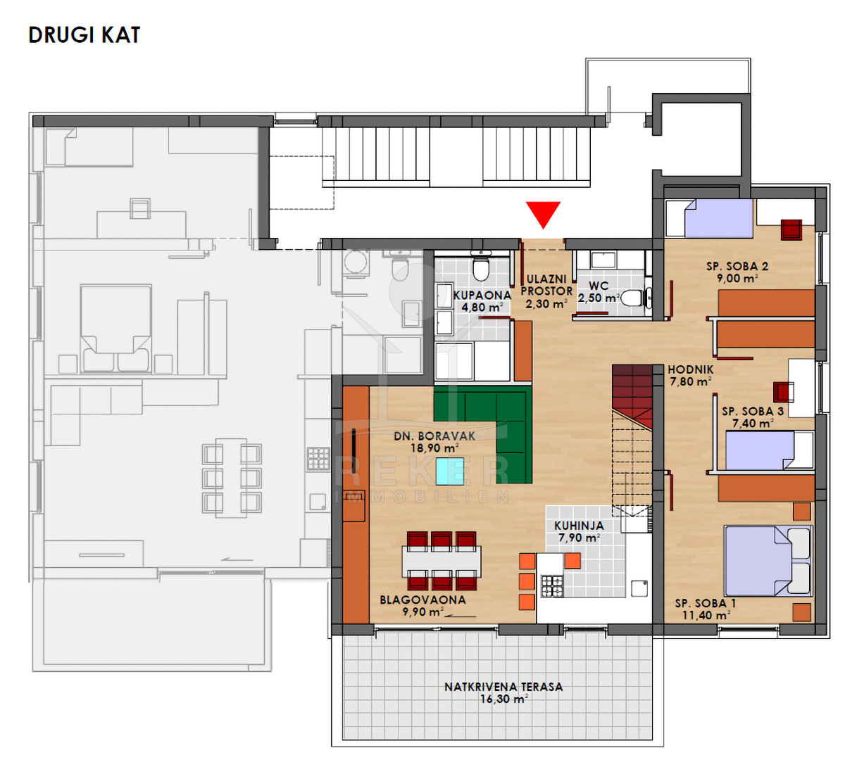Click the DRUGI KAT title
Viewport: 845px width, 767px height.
[x=84, y=35]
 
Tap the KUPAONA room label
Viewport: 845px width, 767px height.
[x=482, y=295]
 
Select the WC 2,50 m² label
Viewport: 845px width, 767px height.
[x=599, y=292]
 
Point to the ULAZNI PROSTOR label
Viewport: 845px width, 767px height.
[x=546, y=285]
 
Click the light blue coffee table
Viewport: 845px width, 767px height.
[x=450, y=471]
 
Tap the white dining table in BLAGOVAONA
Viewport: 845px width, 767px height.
[x=442, y=561]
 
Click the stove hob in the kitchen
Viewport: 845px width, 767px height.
[x=552, y=586]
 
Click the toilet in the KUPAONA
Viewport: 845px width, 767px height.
[x=481, y=267]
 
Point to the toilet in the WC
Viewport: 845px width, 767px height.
[x=636, y=298]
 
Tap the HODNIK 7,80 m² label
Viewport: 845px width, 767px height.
[x=690, y=376]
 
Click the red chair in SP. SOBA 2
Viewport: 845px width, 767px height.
[x=791, y=230]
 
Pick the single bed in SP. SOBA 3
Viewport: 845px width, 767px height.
[x=769, y=450]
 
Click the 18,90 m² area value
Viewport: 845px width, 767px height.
[x=434, y=448]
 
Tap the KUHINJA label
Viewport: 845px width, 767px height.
[x=579, y=526]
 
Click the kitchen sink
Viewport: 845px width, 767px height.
[x=639, y=588]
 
